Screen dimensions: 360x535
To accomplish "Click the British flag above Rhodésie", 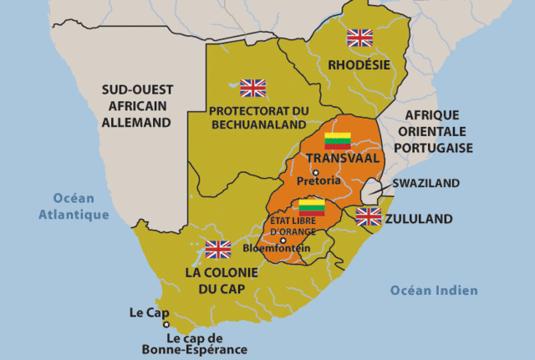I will [x=359, y=38].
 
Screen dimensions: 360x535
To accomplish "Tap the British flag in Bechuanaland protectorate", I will [x=252, y=88].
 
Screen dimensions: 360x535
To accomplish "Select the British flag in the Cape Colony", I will [x=217, y=249].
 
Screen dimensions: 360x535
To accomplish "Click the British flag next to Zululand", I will [x=368, y=217].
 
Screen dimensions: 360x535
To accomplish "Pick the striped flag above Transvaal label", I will [x=338, y=140].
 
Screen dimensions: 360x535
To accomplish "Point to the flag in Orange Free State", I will [x=312, y=207].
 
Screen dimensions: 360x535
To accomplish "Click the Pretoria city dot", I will [x=316, y=172].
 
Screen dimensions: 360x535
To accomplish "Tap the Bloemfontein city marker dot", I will [x=283, y=240].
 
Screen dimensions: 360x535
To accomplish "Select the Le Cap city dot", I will [x=166, y=324].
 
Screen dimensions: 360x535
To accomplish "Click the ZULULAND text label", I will [x=420, y=219].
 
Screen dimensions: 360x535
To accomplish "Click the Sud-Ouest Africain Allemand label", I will [x=136, y=105].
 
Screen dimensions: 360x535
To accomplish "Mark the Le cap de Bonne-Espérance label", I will [x=206, y=345].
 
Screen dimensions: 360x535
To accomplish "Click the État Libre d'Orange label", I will [x=292, y=225].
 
